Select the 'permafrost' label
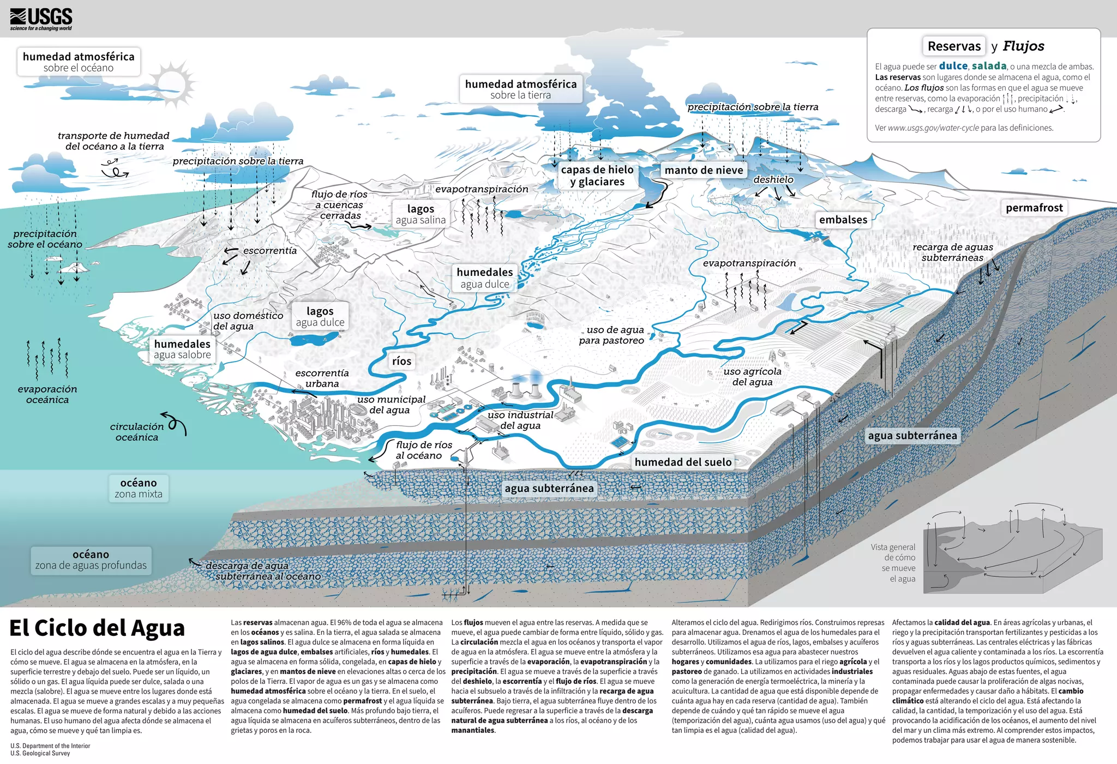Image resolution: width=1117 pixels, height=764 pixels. pyautogui.click(x=1034, y=208)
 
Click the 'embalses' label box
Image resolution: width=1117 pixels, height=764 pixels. pyautogui.click(x=843, y=220)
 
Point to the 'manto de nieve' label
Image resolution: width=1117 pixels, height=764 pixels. pyautogui.click(x=704, y=170)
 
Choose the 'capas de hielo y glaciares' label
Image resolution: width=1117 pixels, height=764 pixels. pyautogui.click(x=597, y=176)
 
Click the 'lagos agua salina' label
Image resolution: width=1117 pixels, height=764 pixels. pyautogui.click(x=421, y=214)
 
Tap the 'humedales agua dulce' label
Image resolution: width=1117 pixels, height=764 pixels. pyautogui.click(x=484, y=278)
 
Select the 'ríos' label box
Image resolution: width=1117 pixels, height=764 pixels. pyautogui.click(x=401, y=361)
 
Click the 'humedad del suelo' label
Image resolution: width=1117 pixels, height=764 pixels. pyautogui.click(x=683, y=462)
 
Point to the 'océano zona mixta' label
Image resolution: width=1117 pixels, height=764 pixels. pyautogui.click(x=139, y=488)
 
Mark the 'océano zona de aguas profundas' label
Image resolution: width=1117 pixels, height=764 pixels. pyautogui.click(x=91, y=560)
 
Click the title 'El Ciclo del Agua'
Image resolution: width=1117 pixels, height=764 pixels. pyautogui.click(x=97, y=628)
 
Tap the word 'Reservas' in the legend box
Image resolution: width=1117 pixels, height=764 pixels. pyautogui.click(x=954, y=46)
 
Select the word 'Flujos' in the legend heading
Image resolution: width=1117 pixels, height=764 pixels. pyautogui.click(x=1023, y=46)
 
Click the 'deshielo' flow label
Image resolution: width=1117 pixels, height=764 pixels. pyautogui.click(x=773, y=179)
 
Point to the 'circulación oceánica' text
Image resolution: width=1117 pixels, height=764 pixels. pyautogui.click(x=137, y=432)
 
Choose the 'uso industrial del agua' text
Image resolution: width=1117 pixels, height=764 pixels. pyautogui.click(x=520, y=420)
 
